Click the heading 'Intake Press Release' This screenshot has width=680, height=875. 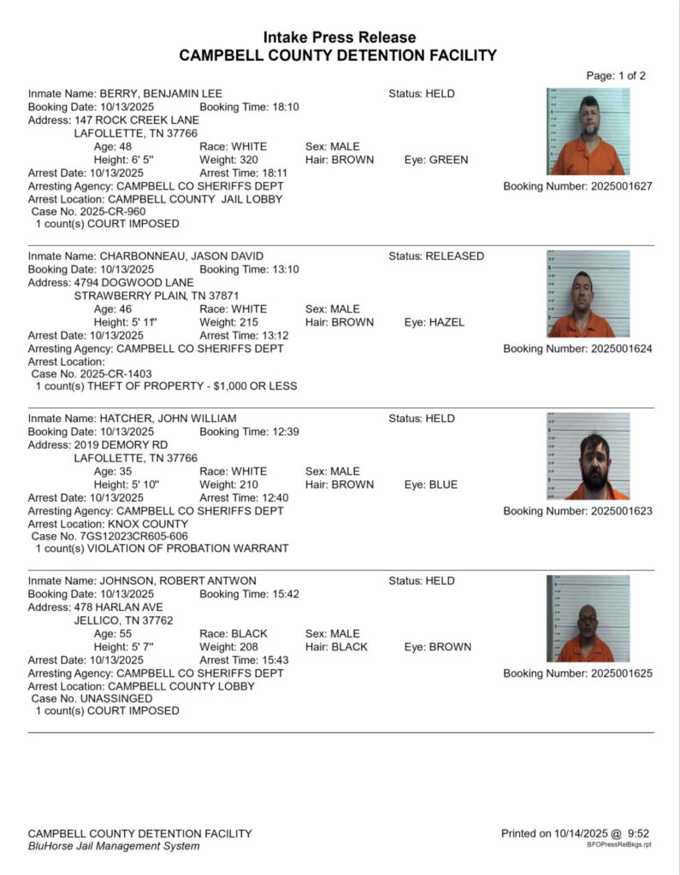(340, 38)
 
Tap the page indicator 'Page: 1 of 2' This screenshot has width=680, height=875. (615, 75)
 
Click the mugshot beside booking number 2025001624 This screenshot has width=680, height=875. (588, 293)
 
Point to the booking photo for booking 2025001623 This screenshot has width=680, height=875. (588, 455)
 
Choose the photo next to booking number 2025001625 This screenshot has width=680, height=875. (588, 618)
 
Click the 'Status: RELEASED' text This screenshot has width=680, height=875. (436, 256)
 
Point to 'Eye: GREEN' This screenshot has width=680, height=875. (436, 160)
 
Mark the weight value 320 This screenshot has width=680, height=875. (247, 160)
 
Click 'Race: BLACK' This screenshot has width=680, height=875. (234, 634)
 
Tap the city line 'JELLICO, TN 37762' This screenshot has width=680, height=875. (123, 620)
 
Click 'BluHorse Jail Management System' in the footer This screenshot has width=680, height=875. (114, 846)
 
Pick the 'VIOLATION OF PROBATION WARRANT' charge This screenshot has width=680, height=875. (183, 549)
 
